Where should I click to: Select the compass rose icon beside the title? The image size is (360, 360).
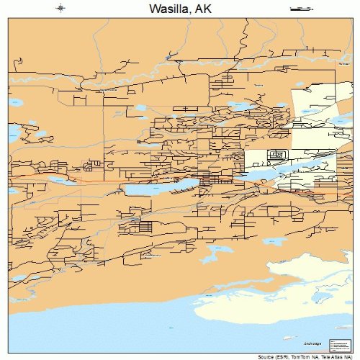point(60,9)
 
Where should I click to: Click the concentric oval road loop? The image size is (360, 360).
point(276,154)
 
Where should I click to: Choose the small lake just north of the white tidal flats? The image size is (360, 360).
point(274,241)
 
